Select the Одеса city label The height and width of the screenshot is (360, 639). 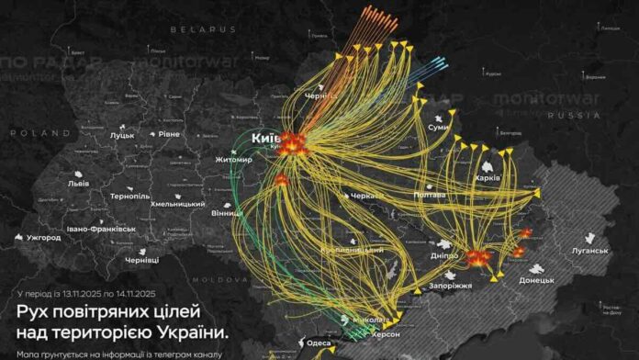319,343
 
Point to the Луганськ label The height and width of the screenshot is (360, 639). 589,250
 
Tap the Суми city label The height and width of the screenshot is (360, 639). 439,127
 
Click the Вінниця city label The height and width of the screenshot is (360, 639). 228,214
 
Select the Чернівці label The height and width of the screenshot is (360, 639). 142,261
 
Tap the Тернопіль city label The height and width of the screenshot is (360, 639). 129,197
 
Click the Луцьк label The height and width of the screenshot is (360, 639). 122,135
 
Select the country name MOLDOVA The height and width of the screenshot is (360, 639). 219,277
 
